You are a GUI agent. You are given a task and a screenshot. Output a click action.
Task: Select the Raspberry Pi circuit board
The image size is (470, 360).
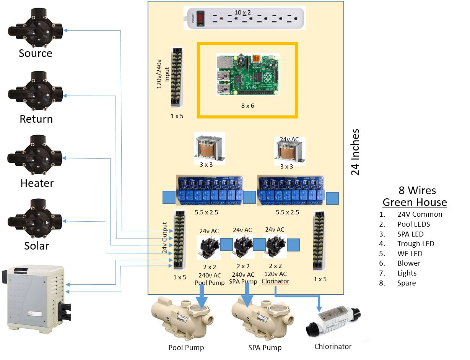point(247,75)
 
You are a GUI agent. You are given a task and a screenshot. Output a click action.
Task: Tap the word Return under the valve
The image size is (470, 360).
point(36,119)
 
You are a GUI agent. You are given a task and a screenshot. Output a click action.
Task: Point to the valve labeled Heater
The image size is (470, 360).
point(35,157)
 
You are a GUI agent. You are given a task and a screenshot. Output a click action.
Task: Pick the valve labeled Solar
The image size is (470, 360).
point(35,221)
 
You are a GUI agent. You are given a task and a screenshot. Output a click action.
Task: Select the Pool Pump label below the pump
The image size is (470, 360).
point(186,347)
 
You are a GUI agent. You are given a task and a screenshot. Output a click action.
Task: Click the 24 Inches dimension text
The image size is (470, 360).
point(355,152)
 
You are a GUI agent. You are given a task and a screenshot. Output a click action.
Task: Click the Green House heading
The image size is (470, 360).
point(415,202)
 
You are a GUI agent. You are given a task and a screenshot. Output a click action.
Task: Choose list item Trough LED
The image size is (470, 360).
point(415,243)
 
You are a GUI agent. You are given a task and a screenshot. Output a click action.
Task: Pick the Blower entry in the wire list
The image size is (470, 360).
point(408,263)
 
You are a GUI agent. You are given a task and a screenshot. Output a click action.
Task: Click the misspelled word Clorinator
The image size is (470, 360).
point(275,281)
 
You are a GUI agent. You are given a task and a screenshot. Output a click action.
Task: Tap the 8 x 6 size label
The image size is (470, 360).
point(247,105)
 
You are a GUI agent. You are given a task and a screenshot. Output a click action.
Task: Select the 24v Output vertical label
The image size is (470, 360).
point(165,238)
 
